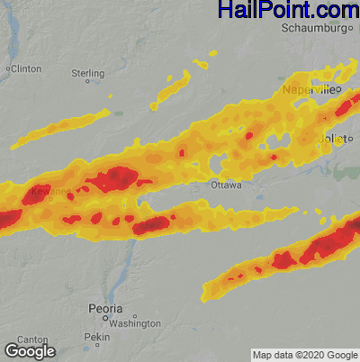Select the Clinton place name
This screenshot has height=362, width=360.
[27, 68]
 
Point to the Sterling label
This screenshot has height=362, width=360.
[88, 72]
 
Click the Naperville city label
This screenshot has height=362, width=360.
[312, 91]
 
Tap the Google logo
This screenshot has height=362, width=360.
[30, 350]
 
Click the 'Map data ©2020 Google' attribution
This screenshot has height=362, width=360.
[303, 355]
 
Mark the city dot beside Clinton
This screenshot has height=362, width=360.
[8, 68]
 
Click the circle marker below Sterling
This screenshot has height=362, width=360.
[88, 81]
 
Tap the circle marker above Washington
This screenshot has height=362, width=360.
[134, 316]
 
